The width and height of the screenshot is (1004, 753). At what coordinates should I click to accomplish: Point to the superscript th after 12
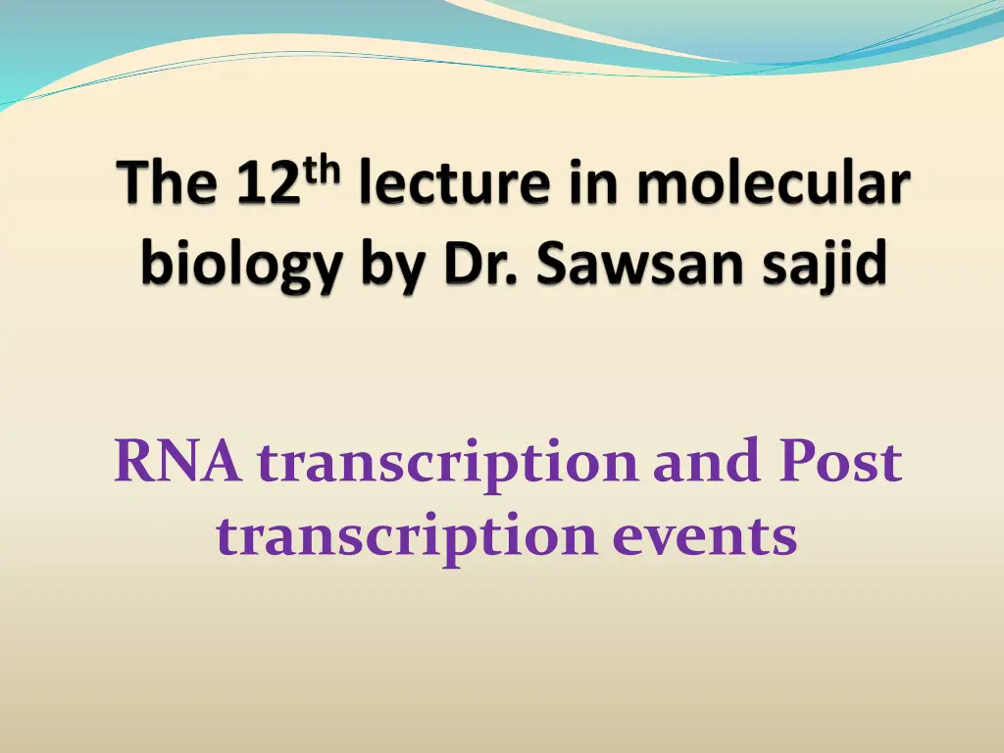[x=322, y=170]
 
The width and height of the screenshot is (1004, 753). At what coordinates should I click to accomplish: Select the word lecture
[x=455, y=182]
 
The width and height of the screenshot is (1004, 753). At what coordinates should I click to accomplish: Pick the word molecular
[x=773, y=182]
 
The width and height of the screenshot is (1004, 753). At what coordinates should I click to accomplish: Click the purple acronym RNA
[x=178, y=462]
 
